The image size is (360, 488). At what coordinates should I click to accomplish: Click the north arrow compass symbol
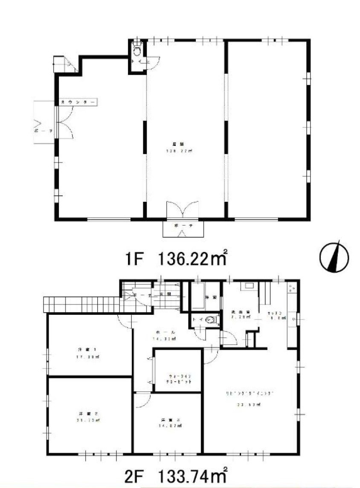click(334, 257)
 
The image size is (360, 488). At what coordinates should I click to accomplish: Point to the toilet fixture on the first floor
click(137, 51)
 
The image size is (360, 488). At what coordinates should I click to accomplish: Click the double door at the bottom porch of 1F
click(183, 210)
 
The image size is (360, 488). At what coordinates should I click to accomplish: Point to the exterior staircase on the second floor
click(81, 304)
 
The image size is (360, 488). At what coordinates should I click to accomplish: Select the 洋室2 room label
click(84, 413)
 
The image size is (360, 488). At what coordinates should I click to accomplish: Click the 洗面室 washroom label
click(237, 312)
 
